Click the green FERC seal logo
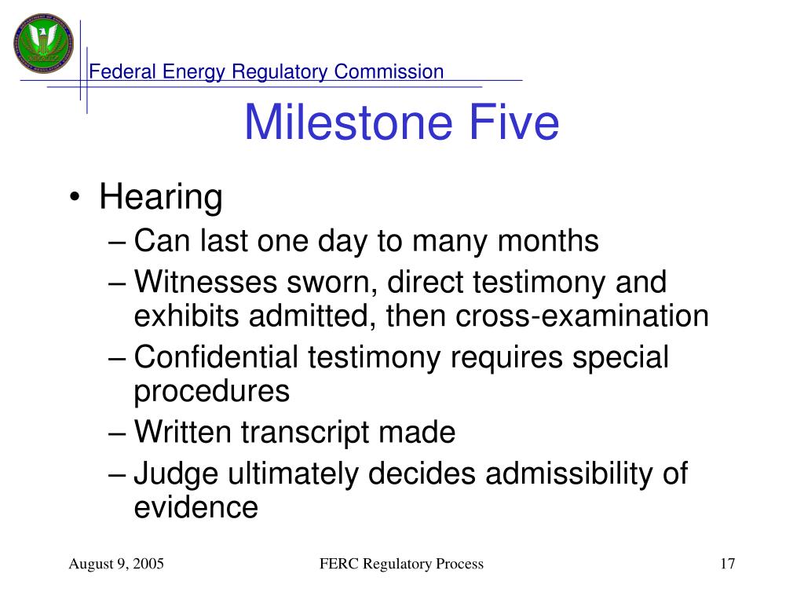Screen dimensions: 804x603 [x=44, y=43]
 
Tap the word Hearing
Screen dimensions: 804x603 [x=161, y=197]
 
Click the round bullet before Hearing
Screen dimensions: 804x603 [x=75, y=197]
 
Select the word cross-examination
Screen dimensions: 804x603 [x=582, y=316]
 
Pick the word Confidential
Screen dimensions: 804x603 [x=216, y=357]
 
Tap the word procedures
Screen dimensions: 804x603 [x=212, y=391]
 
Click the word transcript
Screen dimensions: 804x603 [x=305, y=433]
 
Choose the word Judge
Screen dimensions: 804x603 [x=177, y=473]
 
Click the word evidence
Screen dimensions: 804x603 [x=196, y=508]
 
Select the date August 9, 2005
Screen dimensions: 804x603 [x=116, y=564]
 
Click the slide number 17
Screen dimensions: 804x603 [x=728, y=564]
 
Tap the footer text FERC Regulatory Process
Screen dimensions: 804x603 [x=401, y=564]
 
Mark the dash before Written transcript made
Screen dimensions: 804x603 [x=117, y=433]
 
